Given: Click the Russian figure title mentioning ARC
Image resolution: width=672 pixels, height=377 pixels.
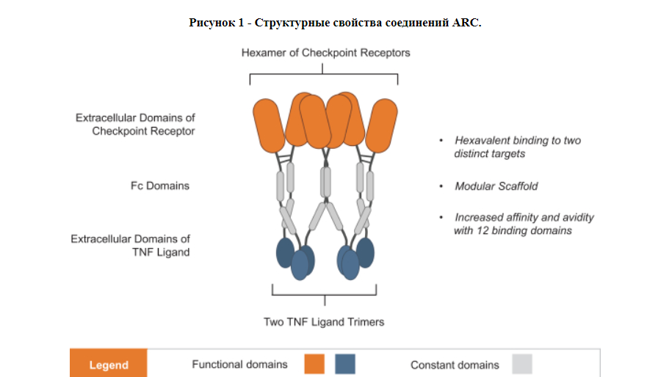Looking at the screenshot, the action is click(x=335, y=22).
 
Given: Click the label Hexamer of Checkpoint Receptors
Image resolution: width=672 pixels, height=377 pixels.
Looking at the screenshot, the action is click(x=325, y=53).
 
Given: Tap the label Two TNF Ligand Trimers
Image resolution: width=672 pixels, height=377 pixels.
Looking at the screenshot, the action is click(x=324, y=322).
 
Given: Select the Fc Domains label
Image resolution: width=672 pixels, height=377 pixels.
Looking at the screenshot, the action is click(x=160, y=186).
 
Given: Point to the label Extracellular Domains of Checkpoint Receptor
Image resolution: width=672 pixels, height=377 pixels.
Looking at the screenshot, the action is click(x=135, y=124).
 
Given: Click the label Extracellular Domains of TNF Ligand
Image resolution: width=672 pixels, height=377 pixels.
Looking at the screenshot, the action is click(x=131, y=245).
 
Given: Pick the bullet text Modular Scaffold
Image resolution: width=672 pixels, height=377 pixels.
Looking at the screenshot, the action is click(x=496, y=186).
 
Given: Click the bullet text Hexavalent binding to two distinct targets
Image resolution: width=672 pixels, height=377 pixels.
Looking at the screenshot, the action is click(x=518, y=147).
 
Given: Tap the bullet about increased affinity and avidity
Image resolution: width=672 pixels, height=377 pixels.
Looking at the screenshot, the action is click(x=524, y=224).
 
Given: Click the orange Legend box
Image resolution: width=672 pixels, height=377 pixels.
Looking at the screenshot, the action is click(x=109, y=363).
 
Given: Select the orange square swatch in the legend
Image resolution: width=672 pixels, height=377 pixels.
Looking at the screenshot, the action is click(x=314, y=364).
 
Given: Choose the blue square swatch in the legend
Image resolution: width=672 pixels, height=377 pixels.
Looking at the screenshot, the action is click(x=345, y=364).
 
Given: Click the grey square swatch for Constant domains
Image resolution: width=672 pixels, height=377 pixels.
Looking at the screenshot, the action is click(x=522, y=364).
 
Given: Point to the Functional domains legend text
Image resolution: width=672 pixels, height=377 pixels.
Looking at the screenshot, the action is click(x=239, y=364).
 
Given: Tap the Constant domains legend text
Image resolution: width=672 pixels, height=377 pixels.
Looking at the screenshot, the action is click(x=455, y=365).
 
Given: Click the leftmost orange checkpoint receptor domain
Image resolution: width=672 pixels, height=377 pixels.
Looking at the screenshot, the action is click(x=269, y=126).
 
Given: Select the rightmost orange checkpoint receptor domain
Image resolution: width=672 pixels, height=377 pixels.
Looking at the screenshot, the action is click(x=381, y=126).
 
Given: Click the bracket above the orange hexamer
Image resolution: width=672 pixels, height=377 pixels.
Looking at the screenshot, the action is click(x=324, y=75).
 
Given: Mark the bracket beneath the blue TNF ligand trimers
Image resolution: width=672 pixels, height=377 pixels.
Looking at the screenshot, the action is click(x=325, y=295).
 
